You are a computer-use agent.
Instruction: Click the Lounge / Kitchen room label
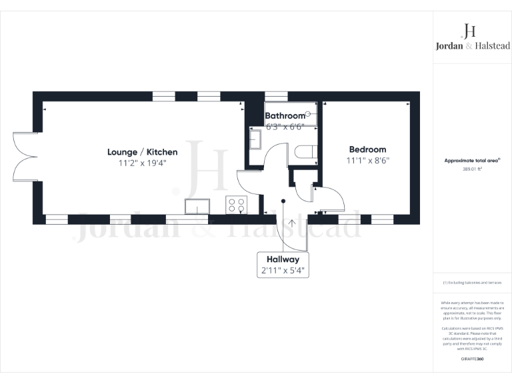142,152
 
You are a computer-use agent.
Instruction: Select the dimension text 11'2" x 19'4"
142,163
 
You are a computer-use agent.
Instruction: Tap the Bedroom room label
367,149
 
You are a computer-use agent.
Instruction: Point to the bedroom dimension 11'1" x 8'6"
367,160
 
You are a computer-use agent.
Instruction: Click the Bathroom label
285,116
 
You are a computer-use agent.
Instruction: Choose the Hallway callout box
283,265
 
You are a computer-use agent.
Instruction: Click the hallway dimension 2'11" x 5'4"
283,271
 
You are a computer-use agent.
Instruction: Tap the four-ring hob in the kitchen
236,205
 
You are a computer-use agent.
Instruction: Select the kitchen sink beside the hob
197,206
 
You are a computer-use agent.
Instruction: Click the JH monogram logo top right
469,30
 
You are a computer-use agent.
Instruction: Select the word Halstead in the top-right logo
490,45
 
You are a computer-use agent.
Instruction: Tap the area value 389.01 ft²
472,169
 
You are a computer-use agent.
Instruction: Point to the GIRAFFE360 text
472,359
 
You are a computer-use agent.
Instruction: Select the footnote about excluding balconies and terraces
472,283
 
